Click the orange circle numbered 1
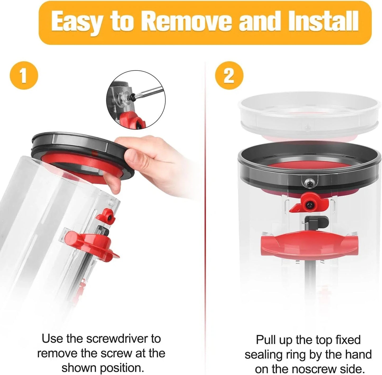pos(24,76)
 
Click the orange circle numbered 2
pos(229,76)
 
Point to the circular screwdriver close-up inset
pos(136,100)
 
